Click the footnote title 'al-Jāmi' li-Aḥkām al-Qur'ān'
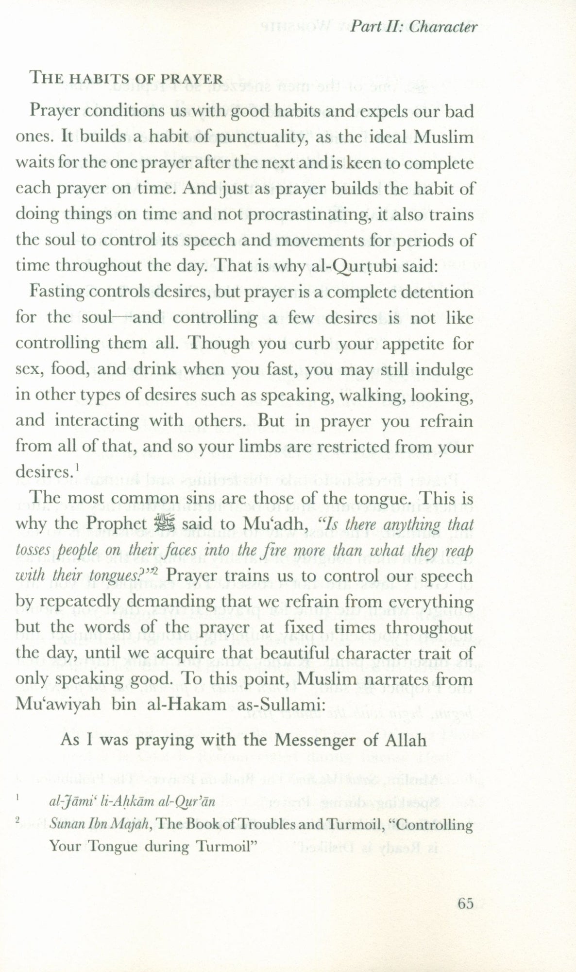tap(131, 803)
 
